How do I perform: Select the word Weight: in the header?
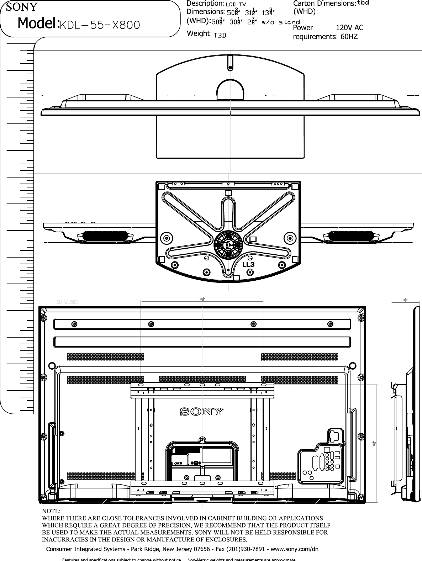point(199,34)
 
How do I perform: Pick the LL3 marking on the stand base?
point(248,265)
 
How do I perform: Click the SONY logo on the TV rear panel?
point(202,412)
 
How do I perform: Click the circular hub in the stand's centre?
point(228,244)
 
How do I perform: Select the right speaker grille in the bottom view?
point(351,236)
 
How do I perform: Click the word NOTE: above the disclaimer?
point(52,511)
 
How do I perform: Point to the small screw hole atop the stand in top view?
point(230,67)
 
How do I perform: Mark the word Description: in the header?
point(205,4)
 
